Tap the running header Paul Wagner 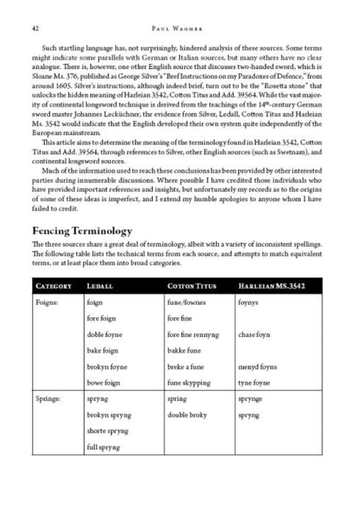[x=180, y=28]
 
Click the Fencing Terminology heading [x=82, y=231]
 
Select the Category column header [x=53, y=286]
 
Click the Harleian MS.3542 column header [x=272, y=286]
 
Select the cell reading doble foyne [x=105, y=335]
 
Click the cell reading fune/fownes [x=186, y=303]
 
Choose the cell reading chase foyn [x=254, y=335]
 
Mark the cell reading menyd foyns [x=257, y=367]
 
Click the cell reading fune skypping [x=189, y=383]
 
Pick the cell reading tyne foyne [x=254, y=383]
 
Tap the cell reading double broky [x=187, y=415]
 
